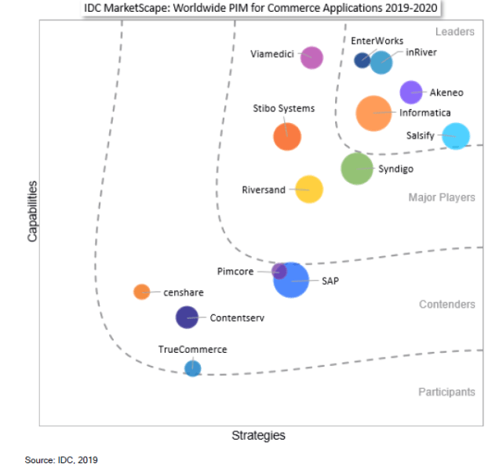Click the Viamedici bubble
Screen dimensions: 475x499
(x=311, y=57)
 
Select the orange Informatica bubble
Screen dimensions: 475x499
(x=373, y=113)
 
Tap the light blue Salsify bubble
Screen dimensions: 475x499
(x=456, y=136)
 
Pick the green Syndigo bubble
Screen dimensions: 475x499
(x=357, y=169)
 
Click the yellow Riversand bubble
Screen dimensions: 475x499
(x=309, y=189)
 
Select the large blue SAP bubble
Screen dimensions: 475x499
(x=292, y=280)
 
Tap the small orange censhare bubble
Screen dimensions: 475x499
(x=141, y=292)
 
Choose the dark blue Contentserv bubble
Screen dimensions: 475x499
(x=186, y=317)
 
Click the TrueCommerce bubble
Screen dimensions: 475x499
(x=192, y=368)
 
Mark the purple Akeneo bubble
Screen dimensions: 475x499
(x=411, y=92)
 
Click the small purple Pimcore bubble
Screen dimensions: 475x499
(x=279, y=271)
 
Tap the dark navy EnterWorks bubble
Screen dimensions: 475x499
(x=362, y=60)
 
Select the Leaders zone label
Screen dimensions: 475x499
(x=455, y=31)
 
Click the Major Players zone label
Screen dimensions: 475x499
(x=442, y=198)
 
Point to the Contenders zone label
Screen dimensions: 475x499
(x=447, y=304)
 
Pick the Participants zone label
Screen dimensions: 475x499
(x=446, y=392)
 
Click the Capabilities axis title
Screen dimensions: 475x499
(x=32, y=212)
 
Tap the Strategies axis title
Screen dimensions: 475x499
(x=258, y=435)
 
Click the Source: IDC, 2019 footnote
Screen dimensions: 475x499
(x=62, y=459)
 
